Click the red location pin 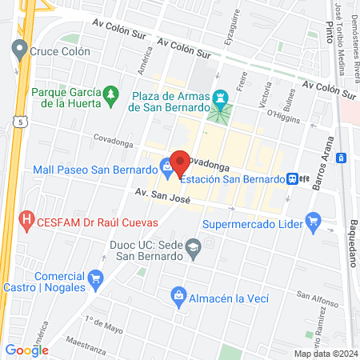(180, 163)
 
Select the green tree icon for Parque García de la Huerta (110, 98)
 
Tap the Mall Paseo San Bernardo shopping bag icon (166, 169)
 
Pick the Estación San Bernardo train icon (294, 178)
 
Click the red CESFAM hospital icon (27, 218)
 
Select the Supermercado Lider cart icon (313, 218)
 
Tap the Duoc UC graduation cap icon (193, 250)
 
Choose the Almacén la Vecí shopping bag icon (178, 298)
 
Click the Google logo (26, 350)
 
